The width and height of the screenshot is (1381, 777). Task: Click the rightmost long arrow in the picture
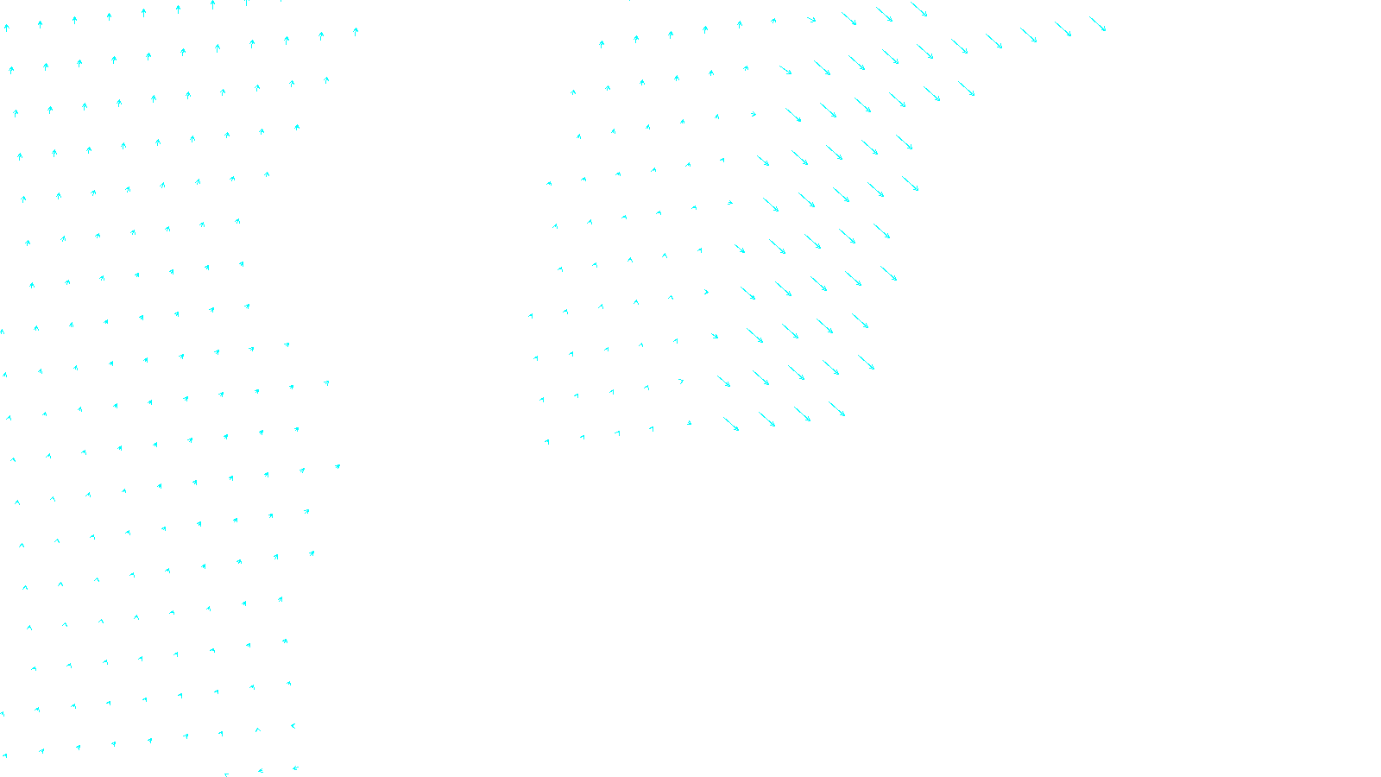[1097, 23]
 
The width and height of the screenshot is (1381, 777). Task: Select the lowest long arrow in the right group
[731, 424]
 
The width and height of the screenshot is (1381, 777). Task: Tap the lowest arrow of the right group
[547, 442]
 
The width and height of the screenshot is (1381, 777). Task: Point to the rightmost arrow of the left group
[356, 32]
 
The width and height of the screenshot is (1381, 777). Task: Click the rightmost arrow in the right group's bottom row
[836, 408]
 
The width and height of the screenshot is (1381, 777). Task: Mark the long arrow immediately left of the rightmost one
[1063, 28]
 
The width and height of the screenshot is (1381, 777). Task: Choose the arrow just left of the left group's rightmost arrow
[321, 35]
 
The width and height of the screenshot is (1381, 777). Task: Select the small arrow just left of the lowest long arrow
[689, 423]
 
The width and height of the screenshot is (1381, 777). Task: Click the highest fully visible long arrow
[918, 9]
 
